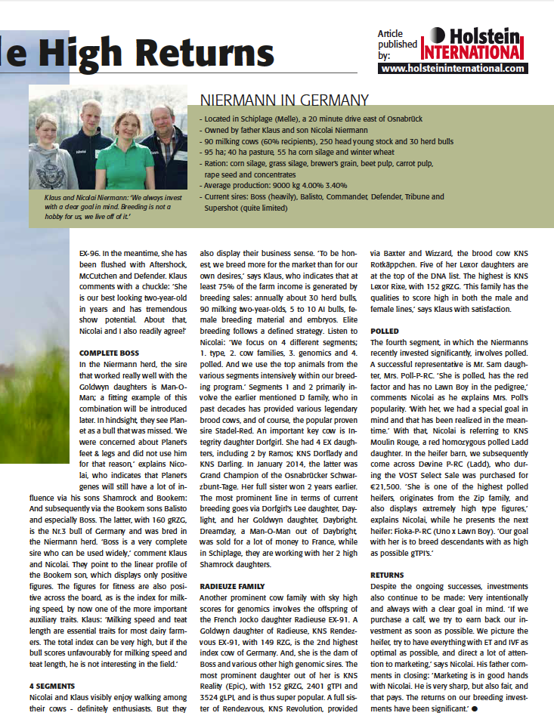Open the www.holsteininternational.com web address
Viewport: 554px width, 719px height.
(453, 68)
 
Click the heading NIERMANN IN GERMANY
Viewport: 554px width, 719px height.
(284, 100)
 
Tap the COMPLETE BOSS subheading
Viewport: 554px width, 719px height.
(110, 353)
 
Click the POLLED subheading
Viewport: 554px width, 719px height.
(385, 332)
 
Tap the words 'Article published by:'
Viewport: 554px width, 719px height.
(397, 45)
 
